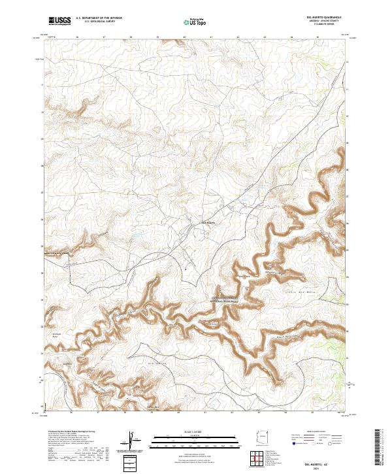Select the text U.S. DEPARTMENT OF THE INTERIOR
[x=99, y=18]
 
